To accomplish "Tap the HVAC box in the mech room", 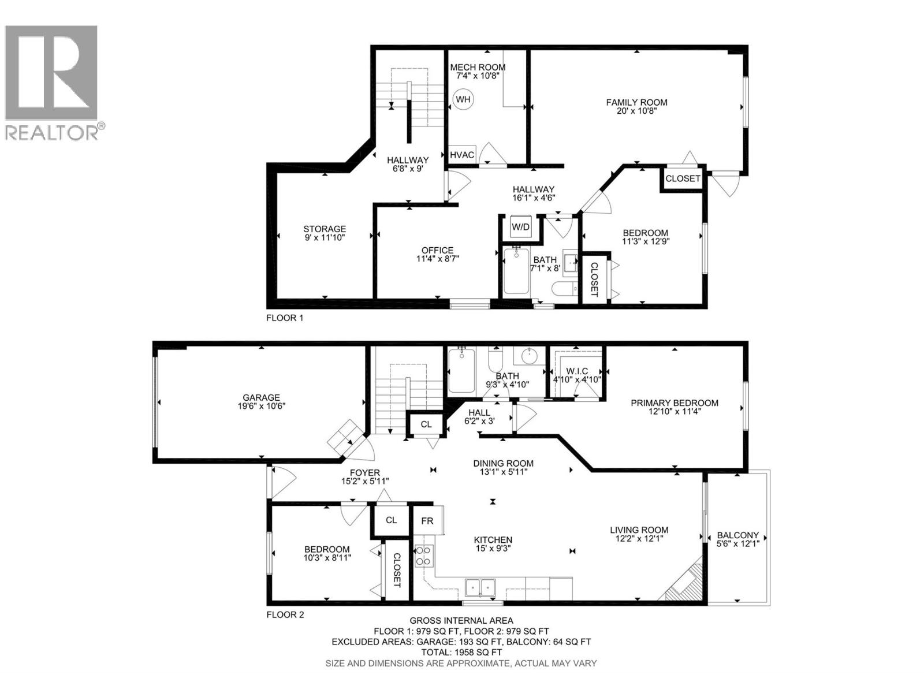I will (x=462, y=155).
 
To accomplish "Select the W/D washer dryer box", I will (x=520, y=228).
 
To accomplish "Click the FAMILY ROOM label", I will (x=636, y=103).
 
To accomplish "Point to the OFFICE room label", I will (x=437, y=251).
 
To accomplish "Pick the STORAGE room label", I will (x=325, y=229).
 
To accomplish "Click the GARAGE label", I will (x=261, y=398).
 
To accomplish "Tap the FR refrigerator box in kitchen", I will (x=427, y=521).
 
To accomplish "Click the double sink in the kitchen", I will (x=480, y=588).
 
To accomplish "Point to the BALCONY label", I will (x=737, y=535).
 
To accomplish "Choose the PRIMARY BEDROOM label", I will (x=674, y=403).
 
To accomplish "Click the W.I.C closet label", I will (x=577, y=371).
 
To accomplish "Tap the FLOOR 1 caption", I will (x=284, y=318).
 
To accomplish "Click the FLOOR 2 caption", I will (x=285, y=615).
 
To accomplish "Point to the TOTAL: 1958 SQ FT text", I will (x=461, y=653).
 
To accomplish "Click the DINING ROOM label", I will (x=503, y=463).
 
